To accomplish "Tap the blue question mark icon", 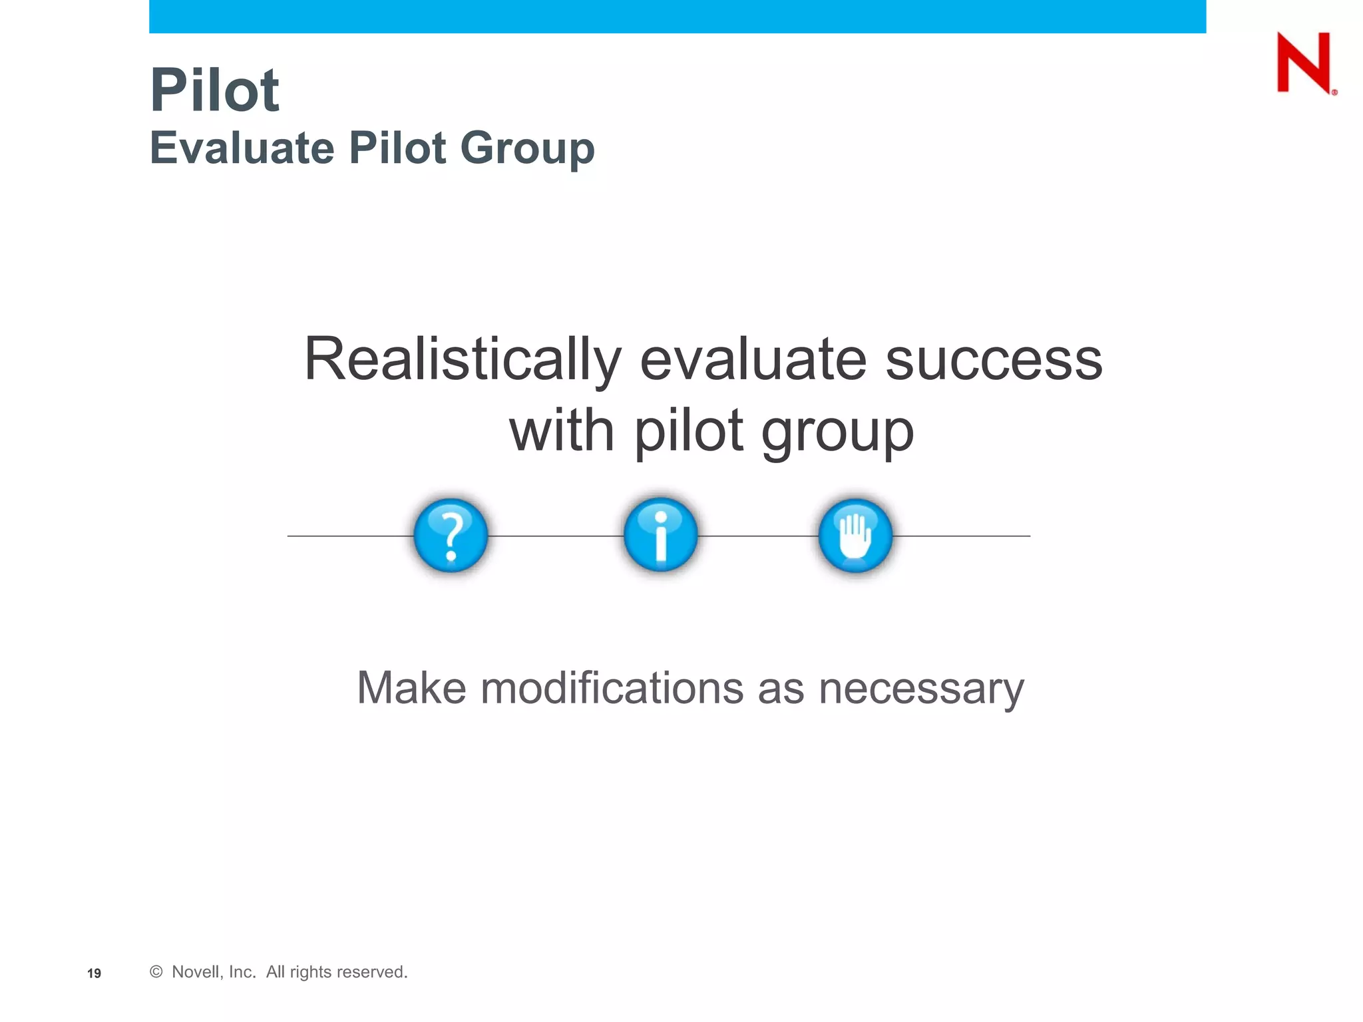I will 451,535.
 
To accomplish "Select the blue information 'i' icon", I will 660,534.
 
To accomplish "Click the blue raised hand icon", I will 855,535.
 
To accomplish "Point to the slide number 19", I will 94,973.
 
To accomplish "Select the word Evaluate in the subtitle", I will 242,148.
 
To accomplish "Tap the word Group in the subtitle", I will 527,149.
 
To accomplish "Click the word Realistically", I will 463,361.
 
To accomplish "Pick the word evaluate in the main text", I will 753,360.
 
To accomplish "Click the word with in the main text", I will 562,430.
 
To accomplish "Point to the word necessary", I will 921,689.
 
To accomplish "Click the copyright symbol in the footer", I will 156,972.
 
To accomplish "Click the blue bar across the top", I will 678,16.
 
